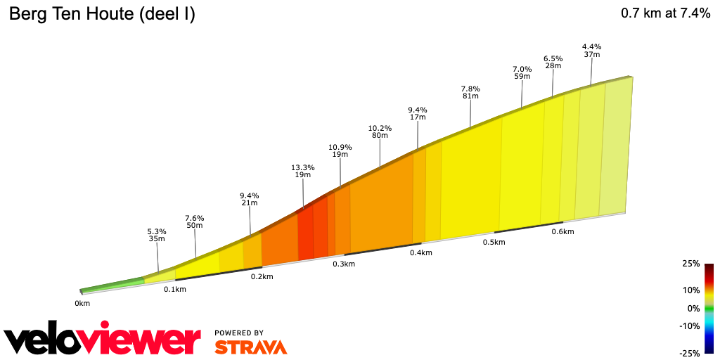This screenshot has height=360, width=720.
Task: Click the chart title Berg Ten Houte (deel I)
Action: (x=102, y=14)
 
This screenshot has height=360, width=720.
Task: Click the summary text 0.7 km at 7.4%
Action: (x=665, y=13)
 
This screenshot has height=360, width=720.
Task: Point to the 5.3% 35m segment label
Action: (x=157, y=235)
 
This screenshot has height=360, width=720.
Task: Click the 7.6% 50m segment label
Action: (x=194, y=221)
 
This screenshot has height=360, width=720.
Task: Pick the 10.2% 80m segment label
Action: (x=380, y=131)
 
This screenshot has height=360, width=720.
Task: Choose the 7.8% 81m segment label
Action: (x=470, y=92)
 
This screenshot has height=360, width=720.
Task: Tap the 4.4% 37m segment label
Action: (x=591, y=50)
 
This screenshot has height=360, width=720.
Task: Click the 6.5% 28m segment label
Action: (x=553, y=62)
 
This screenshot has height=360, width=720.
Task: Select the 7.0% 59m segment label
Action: (x=522, y=72)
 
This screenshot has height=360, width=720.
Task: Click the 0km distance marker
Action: (x=82, y=304)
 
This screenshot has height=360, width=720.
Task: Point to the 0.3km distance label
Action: (x=344, y=264)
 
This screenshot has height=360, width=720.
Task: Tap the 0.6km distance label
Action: (x=562, y=231)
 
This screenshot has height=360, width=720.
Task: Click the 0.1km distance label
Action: (x=175, y=289)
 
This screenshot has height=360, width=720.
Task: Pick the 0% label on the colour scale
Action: (x=693, y=308)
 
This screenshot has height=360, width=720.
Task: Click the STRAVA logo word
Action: (x=250, y=347)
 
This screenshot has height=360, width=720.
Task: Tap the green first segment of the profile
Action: (x=112, y=285)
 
